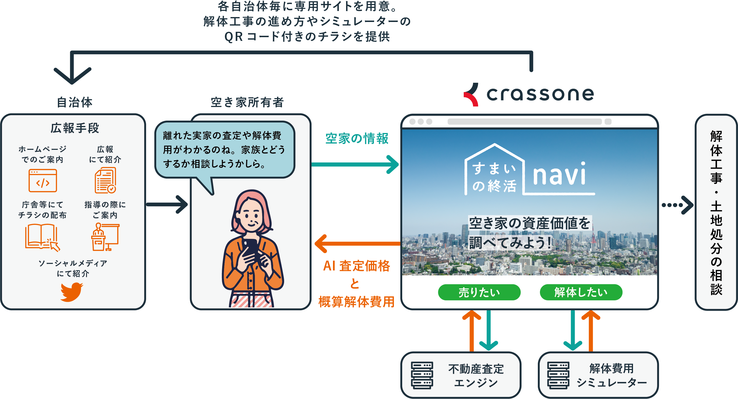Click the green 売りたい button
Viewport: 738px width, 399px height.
pyautogui.click(x=479, y=292)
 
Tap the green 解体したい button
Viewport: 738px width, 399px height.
pyautogui.click(x=581, y=292)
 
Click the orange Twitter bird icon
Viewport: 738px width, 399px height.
pyautogui.click(x=71, y=292)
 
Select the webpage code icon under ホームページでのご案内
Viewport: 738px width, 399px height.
pyautogui.click(x=43, y=180)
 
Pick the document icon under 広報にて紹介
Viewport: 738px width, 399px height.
pyautogui.click(x=105, y=180)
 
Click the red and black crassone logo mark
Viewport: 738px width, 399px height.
pyautogui.click(x=471, y=94)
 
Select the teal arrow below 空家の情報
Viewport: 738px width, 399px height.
pyautogui.click(x=355, y=164)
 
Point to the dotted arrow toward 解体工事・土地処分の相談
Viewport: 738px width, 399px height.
pyautogui.click(x=677, y=205)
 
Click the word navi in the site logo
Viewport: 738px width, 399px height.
pyautogui.click(x=559, y=175)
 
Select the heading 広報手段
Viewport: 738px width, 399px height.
pyautogui.click(x=75, y=128)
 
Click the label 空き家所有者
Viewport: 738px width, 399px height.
pyautogui.click(x=247, y=102)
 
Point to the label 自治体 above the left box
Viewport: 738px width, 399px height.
pyautogui.click(x=75, y=102)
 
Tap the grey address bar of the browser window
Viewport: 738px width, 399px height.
pyautogui.click(x=524, y=122)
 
